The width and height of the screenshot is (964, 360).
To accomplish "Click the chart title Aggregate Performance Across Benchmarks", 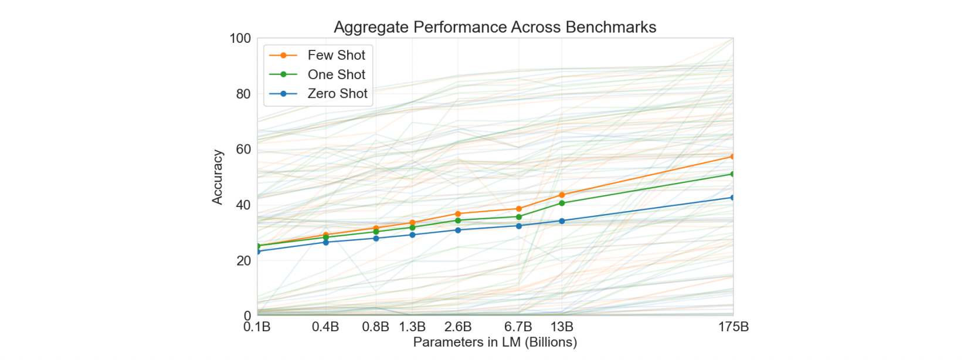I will (x=494, y=27).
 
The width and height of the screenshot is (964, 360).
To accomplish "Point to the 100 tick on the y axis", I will (x=240, y=39).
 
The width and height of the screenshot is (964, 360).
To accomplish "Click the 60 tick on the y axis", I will (x=243, y=150).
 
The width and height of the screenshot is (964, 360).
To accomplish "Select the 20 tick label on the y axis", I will (x=243, y=261).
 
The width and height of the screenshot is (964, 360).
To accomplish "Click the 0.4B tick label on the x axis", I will (x=325, y=327).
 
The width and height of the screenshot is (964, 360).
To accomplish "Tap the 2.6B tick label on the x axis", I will (x=458, y=327).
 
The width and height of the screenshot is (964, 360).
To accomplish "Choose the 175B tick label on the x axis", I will (x=734, y=327).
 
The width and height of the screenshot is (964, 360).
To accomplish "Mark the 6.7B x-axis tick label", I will (x=518, y=327).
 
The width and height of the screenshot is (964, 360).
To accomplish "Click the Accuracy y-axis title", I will (x=218, y=177).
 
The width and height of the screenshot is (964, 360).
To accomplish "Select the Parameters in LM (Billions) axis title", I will (x=495, y=342).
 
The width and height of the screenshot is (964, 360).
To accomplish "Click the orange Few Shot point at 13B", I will (x=562, y=195).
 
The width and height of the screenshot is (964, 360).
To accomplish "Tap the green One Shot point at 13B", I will (x=562, y=203).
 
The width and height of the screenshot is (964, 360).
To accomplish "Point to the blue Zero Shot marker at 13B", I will (x=562, y=221).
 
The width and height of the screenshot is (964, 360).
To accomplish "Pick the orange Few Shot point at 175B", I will (x=732, y=157).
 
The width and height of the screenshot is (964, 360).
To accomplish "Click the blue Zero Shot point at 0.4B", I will (x=326, y=242).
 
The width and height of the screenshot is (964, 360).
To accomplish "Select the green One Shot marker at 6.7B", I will (x=519, y=217).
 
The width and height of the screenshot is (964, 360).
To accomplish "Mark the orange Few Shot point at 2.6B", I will (x=458, y=214).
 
